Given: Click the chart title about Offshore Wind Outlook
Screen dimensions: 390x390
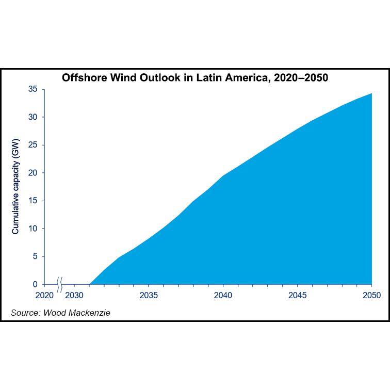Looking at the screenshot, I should (195, 78).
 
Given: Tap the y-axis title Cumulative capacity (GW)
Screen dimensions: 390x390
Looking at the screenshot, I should (15, 187).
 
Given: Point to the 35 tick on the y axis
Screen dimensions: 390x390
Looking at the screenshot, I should (33, 89).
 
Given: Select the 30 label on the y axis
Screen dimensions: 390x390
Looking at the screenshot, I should (33, 117).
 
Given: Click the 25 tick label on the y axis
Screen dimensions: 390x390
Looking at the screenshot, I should (33, 145).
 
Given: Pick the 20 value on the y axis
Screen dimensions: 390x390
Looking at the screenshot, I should (33, 173).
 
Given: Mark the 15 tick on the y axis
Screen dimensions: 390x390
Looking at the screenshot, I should (33, 201).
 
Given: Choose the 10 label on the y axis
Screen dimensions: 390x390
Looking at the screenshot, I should (33, 229).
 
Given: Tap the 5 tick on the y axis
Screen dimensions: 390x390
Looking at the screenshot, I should (35, 256).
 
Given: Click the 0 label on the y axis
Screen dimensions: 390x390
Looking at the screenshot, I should (35, 284).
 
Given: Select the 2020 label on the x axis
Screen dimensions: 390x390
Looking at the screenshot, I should (44, 296).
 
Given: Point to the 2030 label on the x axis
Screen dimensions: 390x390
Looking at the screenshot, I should (74, 296).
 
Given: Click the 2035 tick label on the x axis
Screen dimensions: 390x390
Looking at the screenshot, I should (149, 296).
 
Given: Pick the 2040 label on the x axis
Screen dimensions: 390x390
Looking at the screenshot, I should (223, 296).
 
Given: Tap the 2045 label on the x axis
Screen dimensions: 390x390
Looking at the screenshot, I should (297, 296).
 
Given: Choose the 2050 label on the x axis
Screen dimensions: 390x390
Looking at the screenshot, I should (371, 296).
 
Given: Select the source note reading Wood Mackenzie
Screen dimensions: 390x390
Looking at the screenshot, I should (61, 313).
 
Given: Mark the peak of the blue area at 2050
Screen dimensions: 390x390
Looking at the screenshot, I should (371, 94).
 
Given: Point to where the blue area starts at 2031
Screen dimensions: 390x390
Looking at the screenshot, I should (90, 284).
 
